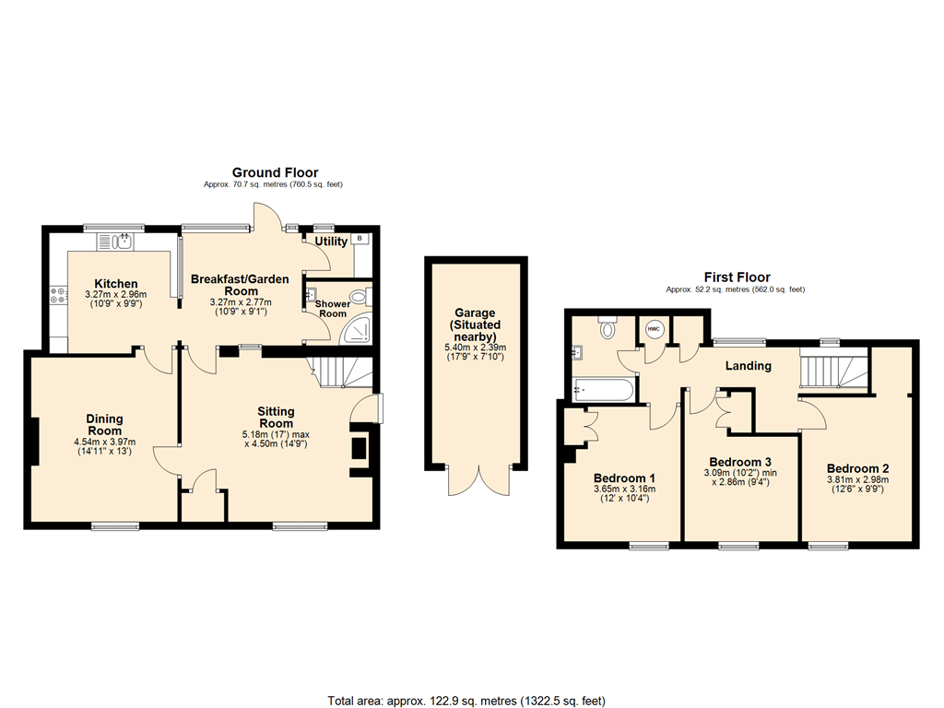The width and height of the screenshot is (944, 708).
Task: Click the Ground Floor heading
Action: [x=275, y=172]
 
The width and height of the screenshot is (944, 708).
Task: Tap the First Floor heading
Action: [x=737, y=277]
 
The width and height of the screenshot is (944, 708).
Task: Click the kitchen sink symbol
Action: [x=122, y=242]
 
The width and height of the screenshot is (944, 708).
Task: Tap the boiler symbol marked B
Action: [x=360, y=239]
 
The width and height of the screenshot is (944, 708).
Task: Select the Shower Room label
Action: [x=332, y=308]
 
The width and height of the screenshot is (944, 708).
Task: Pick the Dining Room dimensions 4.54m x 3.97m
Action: [x=105, y=442]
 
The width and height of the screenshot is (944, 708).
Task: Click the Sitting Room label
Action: [x=276, y=418]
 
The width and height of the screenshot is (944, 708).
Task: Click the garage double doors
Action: [x=478, y=481]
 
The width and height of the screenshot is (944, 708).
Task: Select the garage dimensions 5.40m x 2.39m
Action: [x=475, y=348]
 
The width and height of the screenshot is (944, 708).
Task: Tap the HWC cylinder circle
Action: [x=655, y=329]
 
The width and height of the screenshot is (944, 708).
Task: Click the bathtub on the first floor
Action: [x=602, y=389]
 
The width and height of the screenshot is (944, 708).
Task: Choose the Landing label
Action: [x=748, y=366]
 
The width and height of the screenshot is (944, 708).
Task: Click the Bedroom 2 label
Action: [x=857, y=467]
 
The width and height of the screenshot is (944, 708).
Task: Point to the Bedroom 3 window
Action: [x=739, y=546]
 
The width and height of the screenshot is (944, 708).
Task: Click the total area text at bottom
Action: [x=466, y=701]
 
